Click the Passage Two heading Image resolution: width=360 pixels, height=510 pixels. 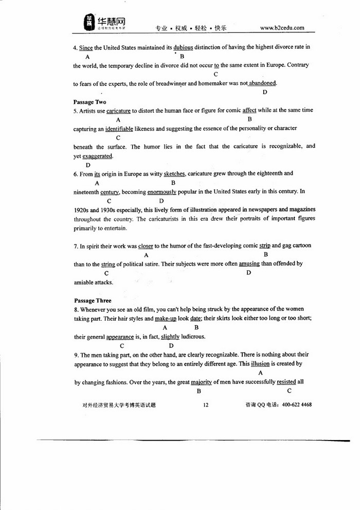(90, 102)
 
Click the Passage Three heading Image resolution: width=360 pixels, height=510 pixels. (93, 300)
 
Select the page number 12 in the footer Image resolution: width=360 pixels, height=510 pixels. (205, 405)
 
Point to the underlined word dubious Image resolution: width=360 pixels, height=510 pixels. (184, 47)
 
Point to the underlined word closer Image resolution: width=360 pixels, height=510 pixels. (146, 245)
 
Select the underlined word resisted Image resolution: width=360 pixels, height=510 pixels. (290, 382)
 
